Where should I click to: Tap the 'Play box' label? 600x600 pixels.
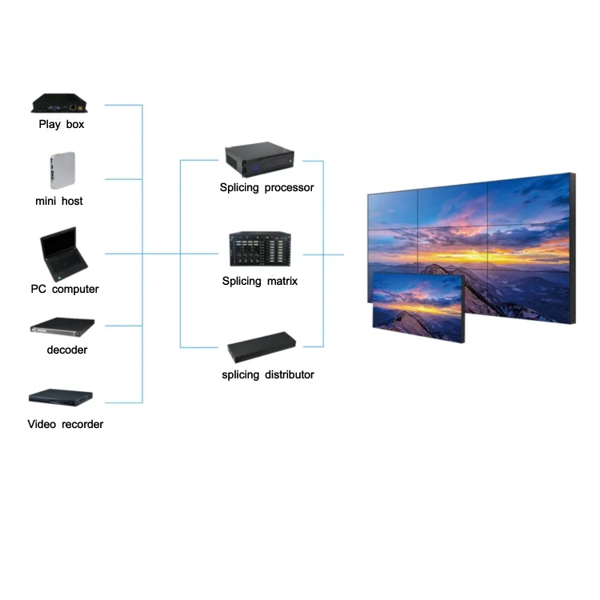(62, 124)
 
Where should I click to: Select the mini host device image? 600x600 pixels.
(59, 170)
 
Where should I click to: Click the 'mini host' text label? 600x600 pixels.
(59, 201)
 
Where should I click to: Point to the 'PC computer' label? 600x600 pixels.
(65, 289)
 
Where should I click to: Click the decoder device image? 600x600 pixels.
(62, 326)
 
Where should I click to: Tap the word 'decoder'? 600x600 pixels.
(67, 350)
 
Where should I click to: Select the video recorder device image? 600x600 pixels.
(62, 397)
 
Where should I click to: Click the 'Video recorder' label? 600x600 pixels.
(66, 424)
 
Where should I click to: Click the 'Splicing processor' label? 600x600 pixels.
(267, 187)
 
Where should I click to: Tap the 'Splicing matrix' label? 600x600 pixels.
(260, 281)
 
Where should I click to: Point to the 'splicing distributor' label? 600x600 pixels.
(268, 374)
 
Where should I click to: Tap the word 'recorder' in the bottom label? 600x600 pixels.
(82, 424)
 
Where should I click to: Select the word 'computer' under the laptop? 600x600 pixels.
(76, 289)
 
